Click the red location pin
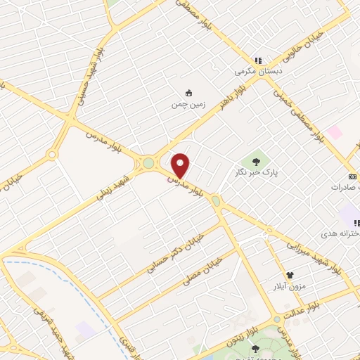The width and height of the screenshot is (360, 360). (181, 165)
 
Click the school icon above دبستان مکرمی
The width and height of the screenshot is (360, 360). (258, 60)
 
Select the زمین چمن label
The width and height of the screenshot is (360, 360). (187, 105)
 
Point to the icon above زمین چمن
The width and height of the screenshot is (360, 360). (188, 92)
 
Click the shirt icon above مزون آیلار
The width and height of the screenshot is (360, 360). (289, 274)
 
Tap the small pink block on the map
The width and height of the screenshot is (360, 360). (334, 132)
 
